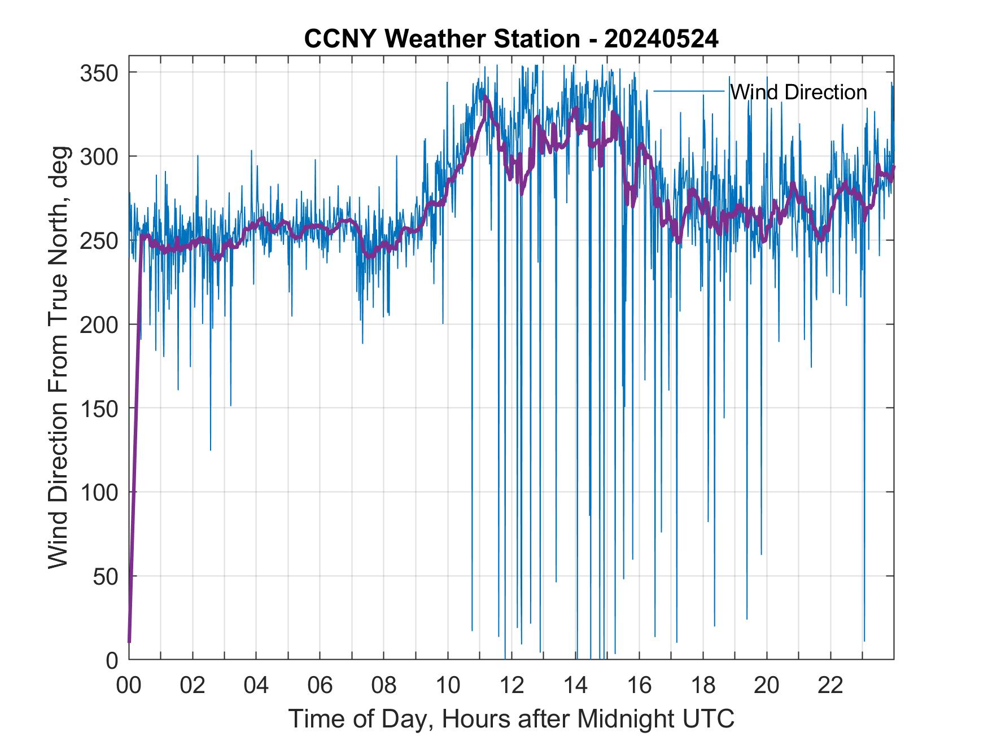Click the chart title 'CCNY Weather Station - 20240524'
[511, 39]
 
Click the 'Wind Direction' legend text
[798, 92]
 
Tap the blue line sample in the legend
[688, 91]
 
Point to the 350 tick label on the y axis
[99, 73]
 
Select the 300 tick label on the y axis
[99, 157]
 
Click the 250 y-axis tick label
[99, 241]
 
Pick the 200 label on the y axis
[99, 325]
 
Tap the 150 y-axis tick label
[99, 409]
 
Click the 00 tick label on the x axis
[129, 685]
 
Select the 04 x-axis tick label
[256, 685]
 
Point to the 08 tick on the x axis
[384, 685]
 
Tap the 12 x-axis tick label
[512, 685]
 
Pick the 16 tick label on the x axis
[639, 685]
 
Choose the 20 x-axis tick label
[767, 685]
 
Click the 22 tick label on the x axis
[830, 685]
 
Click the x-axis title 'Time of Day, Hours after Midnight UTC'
[512, 718]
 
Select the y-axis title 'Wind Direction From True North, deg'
[58, 357]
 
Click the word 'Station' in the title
[536, 39]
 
